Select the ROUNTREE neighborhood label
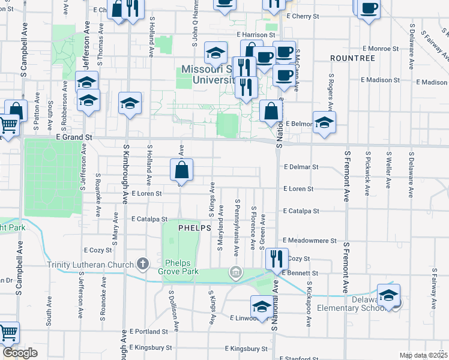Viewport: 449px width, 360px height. point(352,58)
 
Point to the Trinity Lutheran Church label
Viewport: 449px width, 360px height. point(90,264)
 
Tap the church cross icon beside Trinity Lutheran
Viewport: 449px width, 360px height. point(142,263)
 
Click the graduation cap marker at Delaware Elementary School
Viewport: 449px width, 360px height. point(388,296)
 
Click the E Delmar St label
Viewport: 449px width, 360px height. point(301,167)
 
